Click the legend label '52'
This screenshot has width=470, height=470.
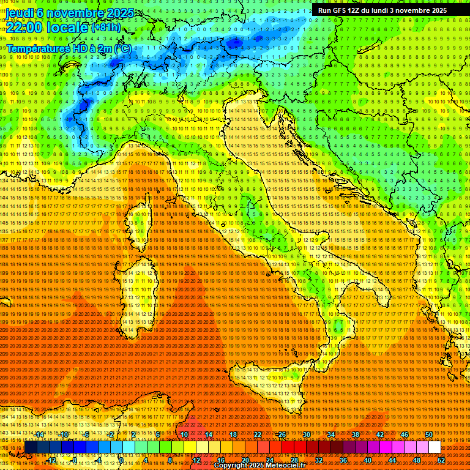[441, 460]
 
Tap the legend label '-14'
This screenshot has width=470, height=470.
[39, 435]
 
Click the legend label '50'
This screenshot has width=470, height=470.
[429, 435]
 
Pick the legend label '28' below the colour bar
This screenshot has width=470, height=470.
[294, 460]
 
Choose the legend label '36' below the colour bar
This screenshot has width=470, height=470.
[343, 460]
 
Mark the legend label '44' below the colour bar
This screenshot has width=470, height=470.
[392, 460]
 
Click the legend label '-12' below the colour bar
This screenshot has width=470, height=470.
[51, 460]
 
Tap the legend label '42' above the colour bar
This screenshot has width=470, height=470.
[380, 435]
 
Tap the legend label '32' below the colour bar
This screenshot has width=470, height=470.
[319, 460]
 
